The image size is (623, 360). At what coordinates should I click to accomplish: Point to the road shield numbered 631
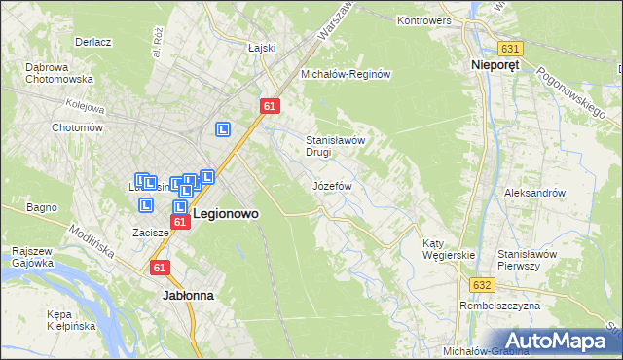tap(509, 48)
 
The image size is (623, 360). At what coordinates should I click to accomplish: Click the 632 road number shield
tap(484, 285)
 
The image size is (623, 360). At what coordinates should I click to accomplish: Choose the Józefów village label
tap(331, 185)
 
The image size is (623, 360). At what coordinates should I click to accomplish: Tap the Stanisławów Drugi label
tap(335, 146)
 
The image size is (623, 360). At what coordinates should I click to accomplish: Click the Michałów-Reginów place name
tap(346, 74)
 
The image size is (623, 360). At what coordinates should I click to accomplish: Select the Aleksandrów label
tap(534, 193)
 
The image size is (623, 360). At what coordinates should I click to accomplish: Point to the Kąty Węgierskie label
tap(448, 249)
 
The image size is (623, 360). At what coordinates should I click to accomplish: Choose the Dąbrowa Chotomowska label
tap(58, 73)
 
